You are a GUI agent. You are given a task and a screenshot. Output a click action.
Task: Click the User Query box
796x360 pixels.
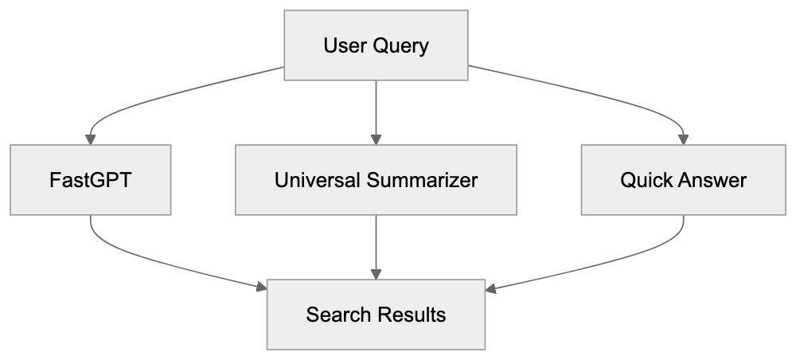click(x=376, y=45)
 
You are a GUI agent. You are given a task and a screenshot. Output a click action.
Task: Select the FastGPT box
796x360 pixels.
click(x=90, y=180)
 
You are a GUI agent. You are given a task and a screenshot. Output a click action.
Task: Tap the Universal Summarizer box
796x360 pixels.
click(x=376, y=180)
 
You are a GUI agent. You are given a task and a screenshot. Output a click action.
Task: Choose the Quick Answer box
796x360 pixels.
click(x=683, y=180)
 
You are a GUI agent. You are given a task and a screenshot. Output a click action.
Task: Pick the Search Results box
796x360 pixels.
click(x=376, y=315)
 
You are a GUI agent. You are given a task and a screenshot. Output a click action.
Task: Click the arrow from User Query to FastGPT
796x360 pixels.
click(x=159, y=96)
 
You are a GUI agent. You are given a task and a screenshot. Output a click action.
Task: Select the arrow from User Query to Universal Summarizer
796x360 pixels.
click(x=376, y=112)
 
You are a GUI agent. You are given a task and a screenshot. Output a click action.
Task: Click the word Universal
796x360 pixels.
click(x=318, y=180)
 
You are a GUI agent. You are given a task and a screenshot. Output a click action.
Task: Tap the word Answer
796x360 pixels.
click(x=712, y=180)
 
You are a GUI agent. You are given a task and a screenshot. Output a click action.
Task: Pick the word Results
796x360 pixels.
click(x=411, y=315)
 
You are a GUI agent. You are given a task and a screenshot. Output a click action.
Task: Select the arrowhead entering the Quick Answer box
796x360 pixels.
click(x=683, y=139)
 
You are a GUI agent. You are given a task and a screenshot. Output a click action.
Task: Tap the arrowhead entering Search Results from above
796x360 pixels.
click(x=376, y=273)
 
